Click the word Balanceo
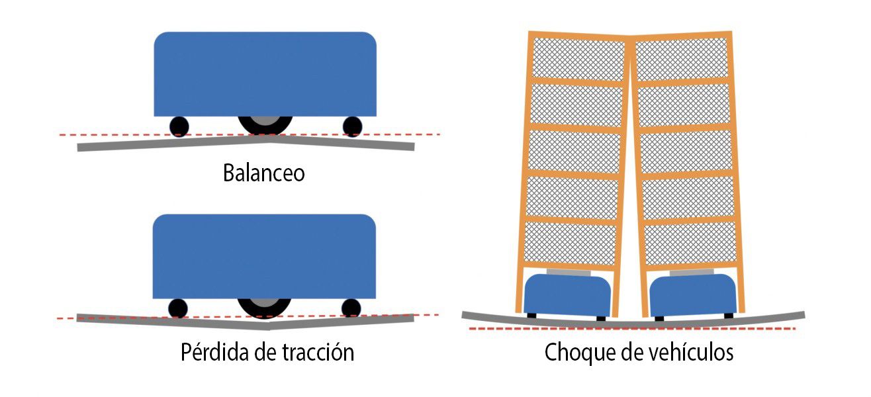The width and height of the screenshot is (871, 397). pyautogui.click(x=263, y=173)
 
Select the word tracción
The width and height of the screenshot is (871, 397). pyautogui.click(x=318, y=352)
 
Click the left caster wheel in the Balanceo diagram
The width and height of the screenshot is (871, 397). pyautogui.click(x=179, y=126)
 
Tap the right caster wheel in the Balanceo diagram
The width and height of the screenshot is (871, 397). pyautogui.click(x=352, y=126)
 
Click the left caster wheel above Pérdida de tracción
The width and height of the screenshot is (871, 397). pyautogui.click(x=177, y=308)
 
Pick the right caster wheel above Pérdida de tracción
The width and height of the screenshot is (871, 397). pyautogui.click(x=351, y=308)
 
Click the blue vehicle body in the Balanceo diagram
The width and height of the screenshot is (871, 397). pyautogui.click(x=265, y=74)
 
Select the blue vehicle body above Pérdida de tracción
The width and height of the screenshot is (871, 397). pyautogui.click(x=265, y=256)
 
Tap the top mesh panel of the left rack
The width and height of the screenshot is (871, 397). pyautogui.click(x=578, y=58)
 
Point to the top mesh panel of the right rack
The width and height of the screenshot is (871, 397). pyautogui.click(x=681, y=59)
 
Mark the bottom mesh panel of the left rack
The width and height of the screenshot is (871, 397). pyautogui.click(x=570, y=243)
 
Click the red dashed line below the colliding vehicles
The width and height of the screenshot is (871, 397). pyautogui.click(x=632, y=329)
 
